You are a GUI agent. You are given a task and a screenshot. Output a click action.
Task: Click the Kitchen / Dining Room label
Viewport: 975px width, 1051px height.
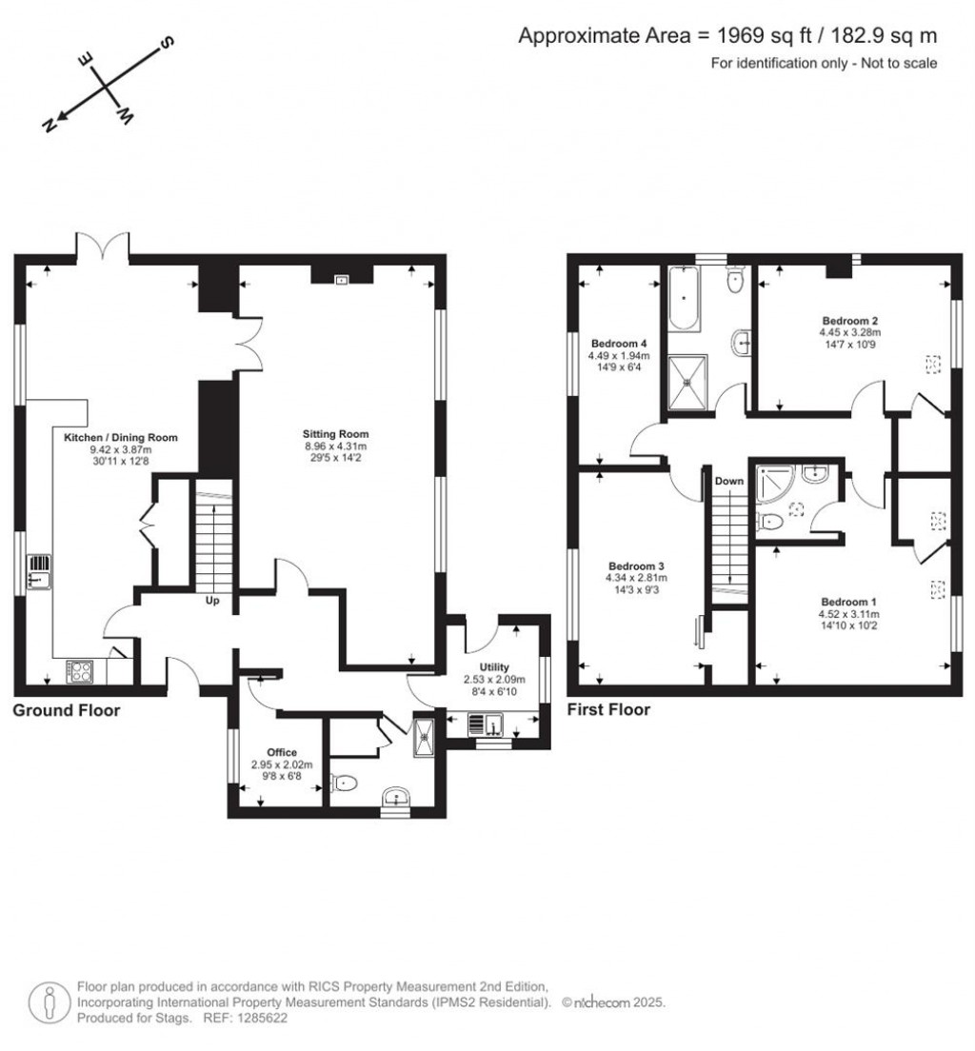point(120,437)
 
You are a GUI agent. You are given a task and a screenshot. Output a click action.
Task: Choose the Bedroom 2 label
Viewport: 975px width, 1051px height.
point(848,321)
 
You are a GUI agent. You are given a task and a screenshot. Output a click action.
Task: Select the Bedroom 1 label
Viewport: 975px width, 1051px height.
point(849,602)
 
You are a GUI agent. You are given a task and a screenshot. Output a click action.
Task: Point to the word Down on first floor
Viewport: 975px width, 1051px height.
point(729,481)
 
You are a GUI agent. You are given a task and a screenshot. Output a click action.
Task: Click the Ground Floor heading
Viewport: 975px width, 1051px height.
point(66,710)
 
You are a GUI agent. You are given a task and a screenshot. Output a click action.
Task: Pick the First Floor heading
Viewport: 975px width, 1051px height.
point(608,709)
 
